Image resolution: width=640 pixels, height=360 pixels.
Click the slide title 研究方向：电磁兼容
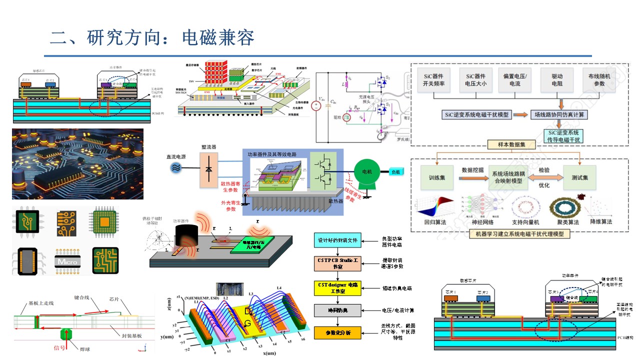[x=152, y=38]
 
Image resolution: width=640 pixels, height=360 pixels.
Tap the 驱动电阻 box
[x=557, y=79]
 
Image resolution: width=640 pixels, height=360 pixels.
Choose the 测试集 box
[x=579, y=177]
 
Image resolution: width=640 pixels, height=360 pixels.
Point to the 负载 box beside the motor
[x=396, y=171]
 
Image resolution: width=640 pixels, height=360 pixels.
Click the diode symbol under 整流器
[x=208, y=170]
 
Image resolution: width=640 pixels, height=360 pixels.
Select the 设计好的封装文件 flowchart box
[x=337, y=240]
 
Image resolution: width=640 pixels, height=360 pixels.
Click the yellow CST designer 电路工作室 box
[x=337, y=287]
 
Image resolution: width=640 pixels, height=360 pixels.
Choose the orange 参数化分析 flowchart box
[x=337, y=332]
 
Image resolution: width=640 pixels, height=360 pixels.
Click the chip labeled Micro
[x=65, y=260]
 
